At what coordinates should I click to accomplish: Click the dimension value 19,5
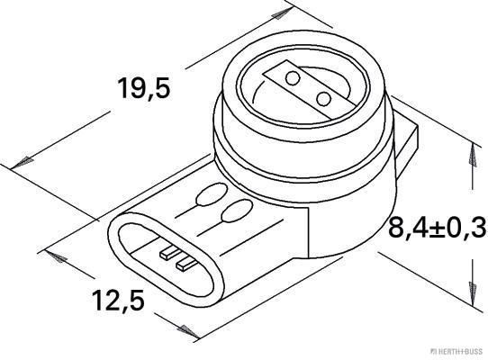[145, 88]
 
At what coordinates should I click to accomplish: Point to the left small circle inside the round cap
[292, 79]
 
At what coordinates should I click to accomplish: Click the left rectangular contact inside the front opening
[166, 254]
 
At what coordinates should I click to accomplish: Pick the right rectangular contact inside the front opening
[184, 263]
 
